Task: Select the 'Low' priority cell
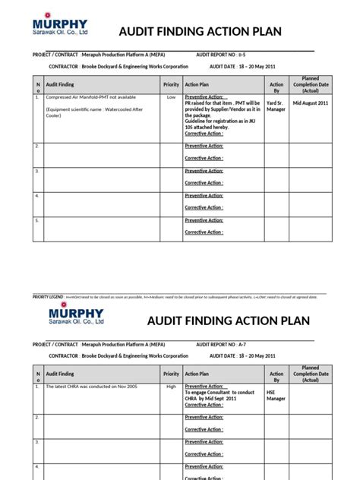[171, 98]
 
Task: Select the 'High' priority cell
[171, 387]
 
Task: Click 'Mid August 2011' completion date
[311, 102]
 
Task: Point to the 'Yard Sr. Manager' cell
[276, 106]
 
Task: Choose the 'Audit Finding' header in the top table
[60, 85]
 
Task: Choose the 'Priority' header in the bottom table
[171, 374]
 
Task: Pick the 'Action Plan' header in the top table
[197, 85]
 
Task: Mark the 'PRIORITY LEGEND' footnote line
[175, 297]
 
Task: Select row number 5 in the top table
[37, 219]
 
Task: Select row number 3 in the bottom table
[37, 441]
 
